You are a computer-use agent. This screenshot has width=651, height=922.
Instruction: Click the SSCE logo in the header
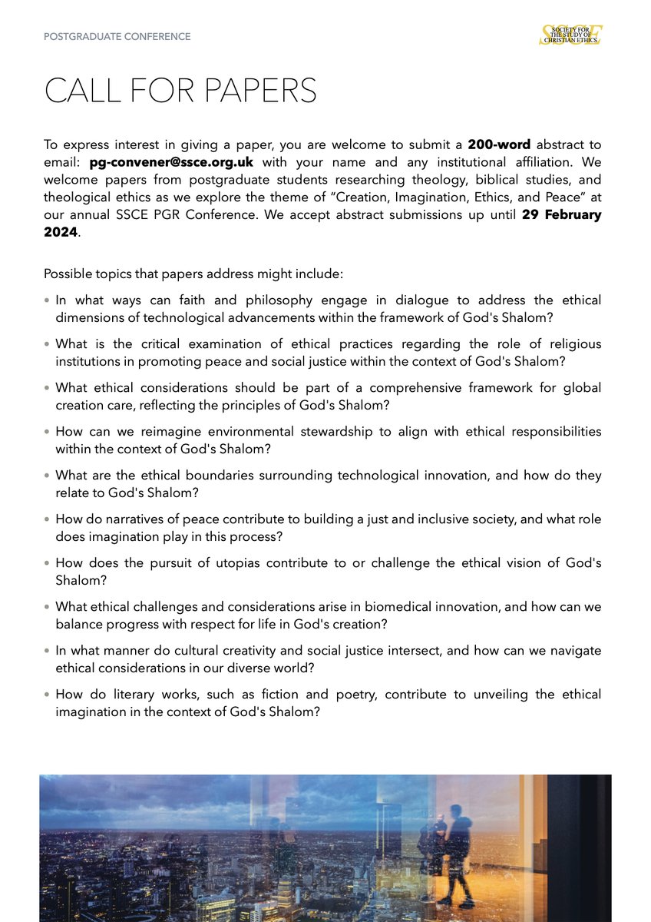(x=570, y=35)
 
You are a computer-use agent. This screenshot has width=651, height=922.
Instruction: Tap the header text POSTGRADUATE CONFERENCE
(x=117, y=36)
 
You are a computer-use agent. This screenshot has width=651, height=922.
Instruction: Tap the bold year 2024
(x=61, y=232)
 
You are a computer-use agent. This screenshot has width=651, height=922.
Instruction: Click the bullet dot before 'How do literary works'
(x=47, y=695)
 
